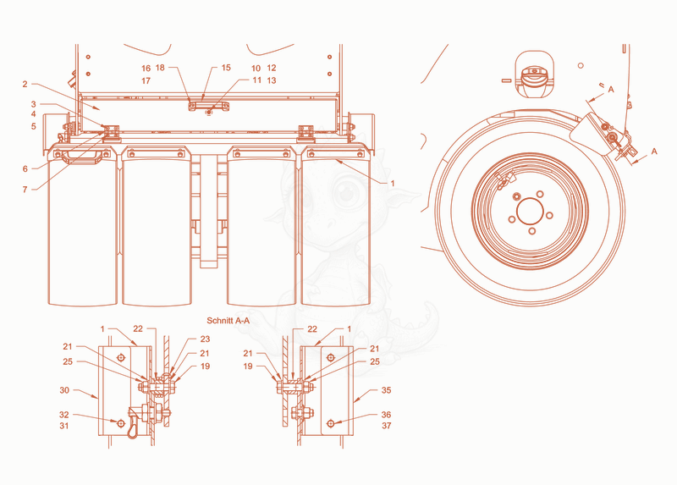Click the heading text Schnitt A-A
[x=228, y=321]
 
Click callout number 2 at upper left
[x=25, y=84]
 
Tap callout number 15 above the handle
[x=226, y=68]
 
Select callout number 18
[x=160, y=68]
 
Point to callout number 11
[x=257, y=80]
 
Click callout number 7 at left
[x=25, y=189]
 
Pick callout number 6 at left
[x=25, y=168]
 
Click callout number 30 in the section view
[x=64, y=390]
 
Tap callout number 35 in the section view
[x=386, y=390]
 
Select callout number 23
[x=205, y=339]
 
